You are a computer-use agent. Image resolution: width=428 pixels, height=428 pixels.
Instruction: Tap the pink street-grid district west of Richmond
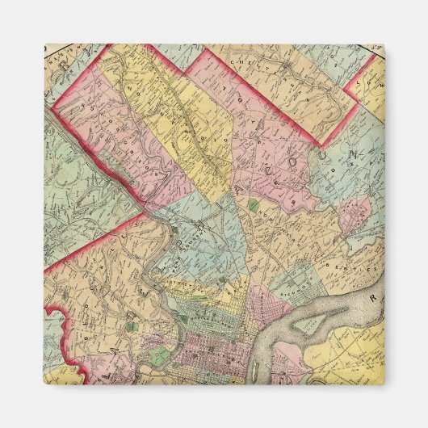tap(260, 304)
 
